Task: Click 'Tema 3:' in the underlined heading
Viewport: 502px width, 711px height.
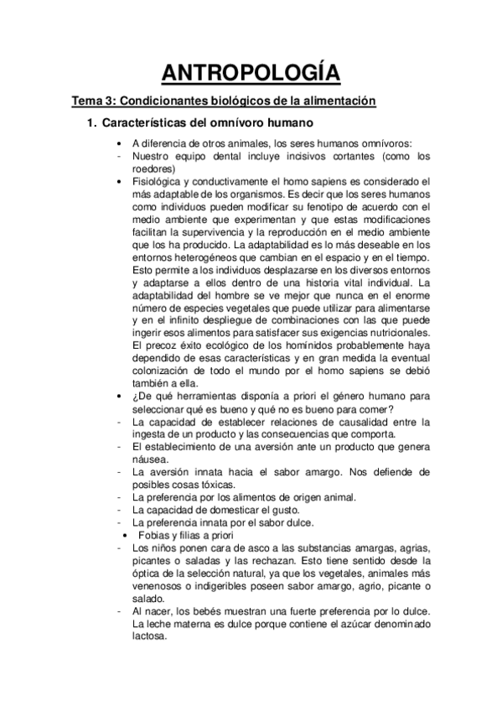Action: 94,101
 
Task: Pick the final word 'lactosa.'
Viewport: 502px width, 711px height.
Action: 151,636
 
